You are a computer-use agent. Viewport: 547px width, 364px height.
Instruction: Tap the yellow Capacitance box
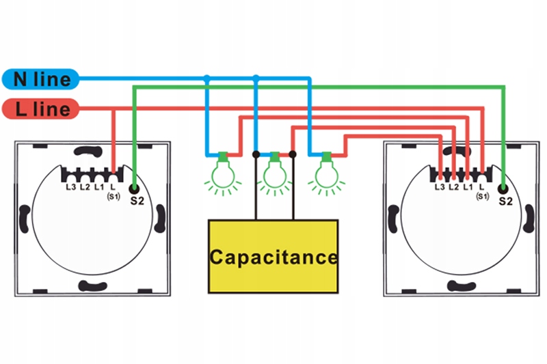(273, 257)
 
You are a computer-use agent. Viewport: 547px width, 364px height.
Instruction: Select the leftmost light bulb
(223, 172)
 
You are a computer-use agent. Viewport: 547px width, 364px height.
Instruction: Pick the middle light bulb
(275, 172)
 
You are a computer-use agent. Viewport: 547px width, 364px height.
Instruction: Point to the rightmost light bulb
(326, 172)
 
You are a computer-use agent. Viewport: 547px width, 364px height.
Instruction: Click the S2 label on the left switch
(136, 200)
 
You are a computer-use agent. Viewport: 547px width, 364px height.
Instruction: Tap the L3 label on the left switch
(70, 186)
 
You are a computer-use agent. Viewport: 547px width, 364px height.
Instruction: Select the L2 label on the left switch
(85, 186)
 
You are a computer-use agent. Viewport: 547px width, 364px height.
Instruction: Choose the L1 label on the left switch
(99, 186)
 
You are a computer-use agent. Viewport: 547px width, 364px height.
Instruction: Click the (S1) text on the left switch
(114, 197)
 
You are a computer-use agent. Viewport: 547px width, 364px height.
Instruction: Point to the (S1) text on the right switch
(482, 197)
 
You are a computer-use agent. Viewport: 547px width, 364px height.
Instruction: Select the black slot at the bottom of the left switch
(92, 287)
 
